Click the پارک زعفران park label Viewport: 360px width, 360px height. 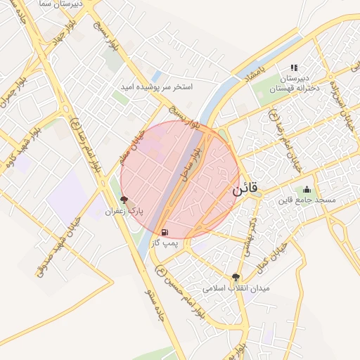(x=124, y=211)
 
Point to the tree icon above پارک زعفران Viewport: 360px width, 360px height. (x=124, y=200)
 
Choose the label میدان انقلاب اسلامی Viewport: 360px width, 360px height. (x=236, y=288)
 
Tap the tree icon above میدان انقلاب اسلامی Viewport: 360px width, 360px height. (x=236, y=278)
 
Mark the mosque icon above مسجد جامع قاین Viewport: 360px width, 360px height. (x=307, y=189)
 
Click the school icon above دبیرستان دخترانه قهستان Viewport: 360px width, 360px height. (x=293, y=68)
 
